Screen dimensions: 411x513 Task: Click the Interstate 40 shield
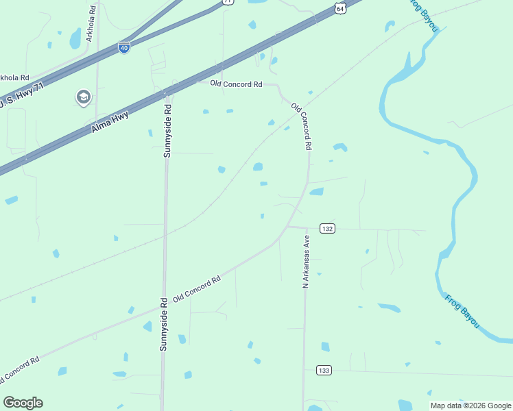pyautogui.click(x=124, y=48)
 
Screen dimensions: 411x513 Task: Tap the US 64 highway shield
pyautogui.click(x=340, y=7)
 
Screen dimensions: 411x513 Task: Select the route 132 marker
pyautogui.click(x=327, y=228)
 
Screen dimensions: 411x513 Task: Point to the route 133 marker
pyautogui.click(x=324, y=370)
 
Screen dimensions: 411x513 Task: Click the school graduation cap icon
pyautogui.click(x=84, y=98)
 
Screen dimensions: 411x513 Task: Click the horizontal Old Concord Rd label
pyautogui.click(x=237, y=84)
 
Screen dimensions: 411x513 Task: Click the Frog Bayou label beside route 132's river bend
pyautogui.click(x=461, y=310)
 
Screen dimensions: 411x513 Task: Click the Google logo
pyautogui.click(x=23, y=403)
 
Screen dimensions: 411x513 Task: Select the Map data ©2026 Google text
pyautogui.click(x=470, y=406)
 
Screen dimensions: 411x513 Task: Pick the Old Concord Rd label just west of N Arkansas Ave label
pyautogui.click(x=197, y=289)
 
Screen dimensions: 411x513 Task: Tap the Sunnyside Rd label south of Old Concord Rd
pyautogui.click(x=164, y=324)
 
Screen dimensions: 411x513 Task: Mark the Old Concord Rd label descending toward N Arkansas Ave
pyautogui.click(x=302, y=127)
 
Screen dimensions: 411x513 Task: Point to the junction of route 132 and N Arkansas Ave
pyautogui.click(x=305, y=228)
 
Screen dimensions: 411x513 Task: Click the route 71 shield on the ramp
pyautogui.click(x=228, y=2)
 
